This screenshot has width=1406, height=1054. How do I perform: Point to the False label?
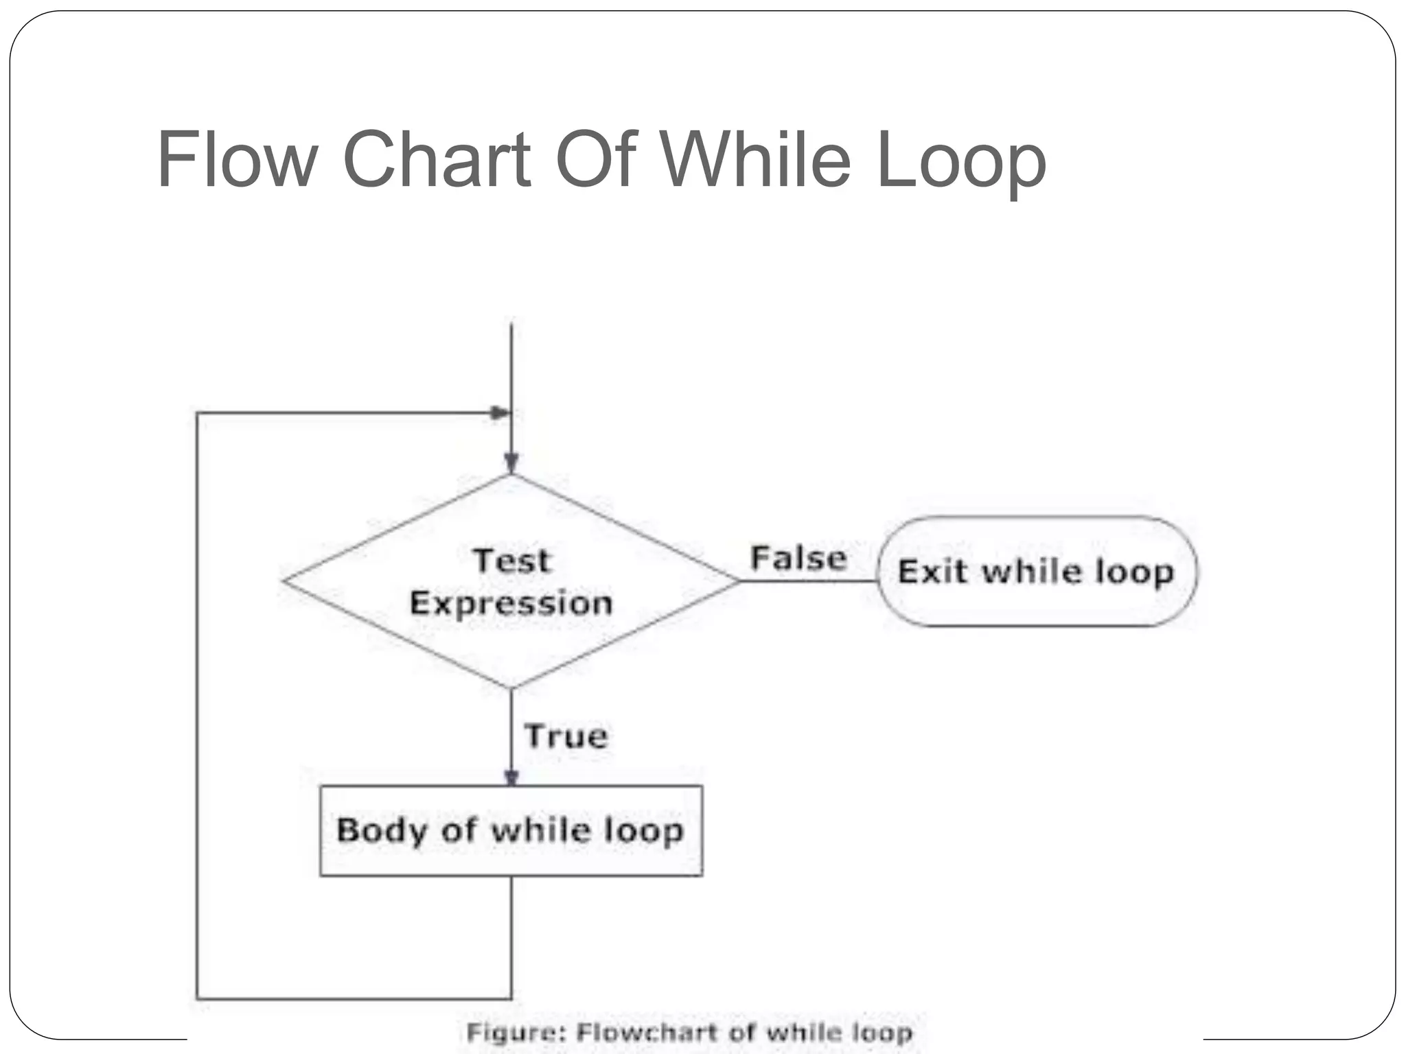point(798,558)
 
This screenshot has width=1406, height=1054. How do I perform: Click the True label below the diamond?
point(566,736)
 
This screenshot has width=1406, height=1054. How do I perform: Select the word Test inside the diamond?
point(511,561)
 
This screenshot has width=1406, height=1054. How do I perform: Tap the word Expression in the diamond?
point(511,604)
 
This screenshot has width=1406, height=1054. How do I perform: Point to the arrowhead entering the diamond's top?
point(511,464)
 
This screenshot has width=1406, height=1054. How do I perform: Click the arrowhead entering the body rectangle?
point(511,777)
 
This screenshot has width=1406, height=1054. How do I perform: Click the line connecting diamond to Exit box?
point(809,581)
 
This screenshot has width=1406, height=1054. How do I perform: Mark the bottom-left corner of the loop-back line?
point(198,998)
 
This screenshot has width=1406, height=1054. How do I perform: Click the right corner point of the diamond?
point(739,581)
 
